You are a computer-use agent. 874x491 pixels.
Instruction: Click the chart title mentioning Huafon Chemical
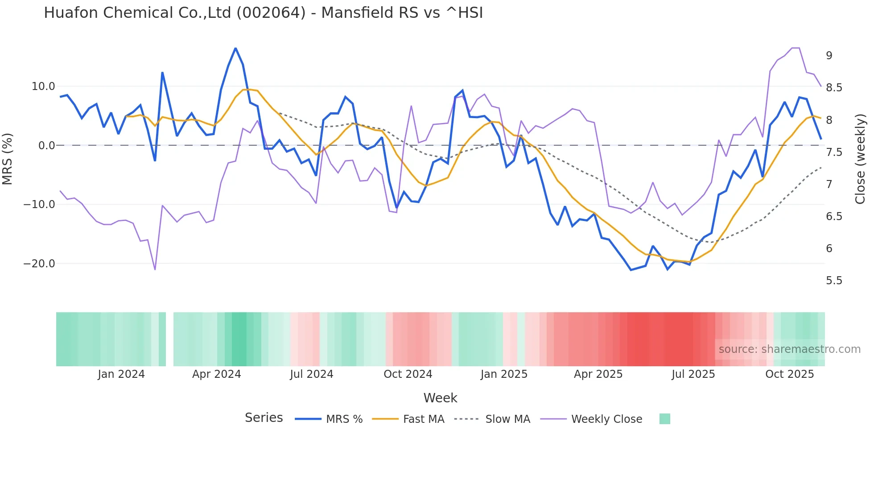263,13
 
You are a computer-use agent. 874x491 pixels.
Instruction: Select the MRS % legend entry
344,419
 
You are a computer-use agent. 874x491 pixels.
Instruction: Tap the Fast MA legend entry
423,419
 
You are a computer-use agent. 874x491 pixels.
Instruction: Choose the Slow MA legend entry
507,419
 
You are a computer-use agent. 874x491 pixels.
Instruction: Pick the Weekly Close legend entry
606,419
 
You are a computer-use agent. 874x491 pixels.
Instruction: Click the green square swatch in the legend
664,419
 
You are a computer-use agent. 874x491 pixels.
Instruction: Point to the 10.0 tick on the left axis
43,86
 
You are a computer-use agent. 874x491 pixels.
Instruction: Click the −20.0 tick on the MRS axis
39,264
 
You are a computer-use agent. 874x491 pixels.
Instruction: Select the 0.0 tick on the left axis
47,146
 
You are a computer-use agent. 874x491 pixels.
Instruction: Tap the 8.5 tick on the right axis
834,88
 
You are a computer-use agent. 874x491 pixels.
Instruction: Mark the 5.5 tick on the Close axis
834,281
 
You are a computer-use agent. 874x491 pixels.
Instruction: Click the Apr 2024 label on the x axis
216,374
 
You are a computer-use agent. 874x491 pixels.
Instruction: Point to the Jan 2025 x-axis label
504,374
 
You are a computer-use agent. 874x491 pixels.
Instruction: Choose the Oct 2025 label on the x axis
789,374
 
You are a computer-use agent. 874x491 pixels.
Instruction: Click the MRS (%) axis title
8,159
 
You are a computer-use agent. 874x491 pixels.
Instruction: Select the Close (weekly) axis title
860,159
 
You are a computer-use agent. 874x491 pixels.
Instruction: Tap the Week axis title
440,398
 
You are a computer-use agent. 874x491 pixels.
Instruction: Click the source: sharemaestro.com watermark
789,349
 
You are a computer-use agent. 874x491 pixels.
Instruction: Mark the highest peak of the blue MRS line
235,48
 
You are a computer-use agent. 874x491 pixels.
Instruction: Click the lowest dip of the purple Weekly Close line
155,270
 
